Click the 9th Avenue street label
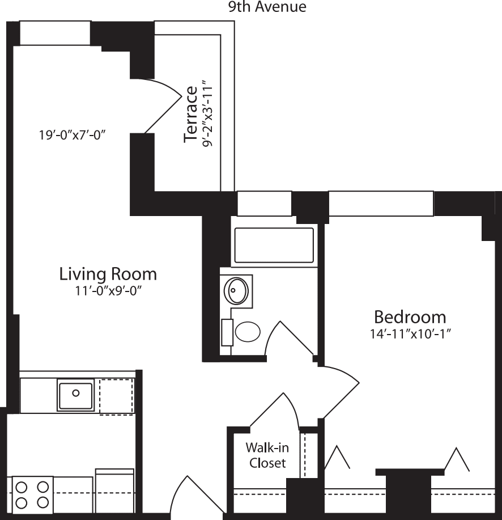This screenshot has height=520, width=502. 267,7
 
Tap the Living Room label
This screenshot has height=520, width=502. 108,274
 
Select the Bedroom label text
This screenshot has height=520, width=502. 410,316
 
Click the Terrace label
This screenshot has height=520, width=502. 190,114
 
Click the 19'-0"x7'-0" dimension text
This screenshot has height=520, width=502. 73,136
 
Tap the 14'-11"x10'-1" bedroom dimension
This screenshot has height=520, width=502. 410,333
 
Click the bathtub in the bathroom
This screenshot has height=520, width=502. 274,245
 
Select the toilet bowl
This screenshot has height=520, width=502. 247,332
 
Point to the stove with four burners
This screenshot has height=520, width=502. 32,494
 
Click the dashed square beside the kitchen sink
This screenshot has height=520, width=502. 116,395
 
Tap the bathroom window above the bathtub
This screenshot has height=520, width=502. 264,204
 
